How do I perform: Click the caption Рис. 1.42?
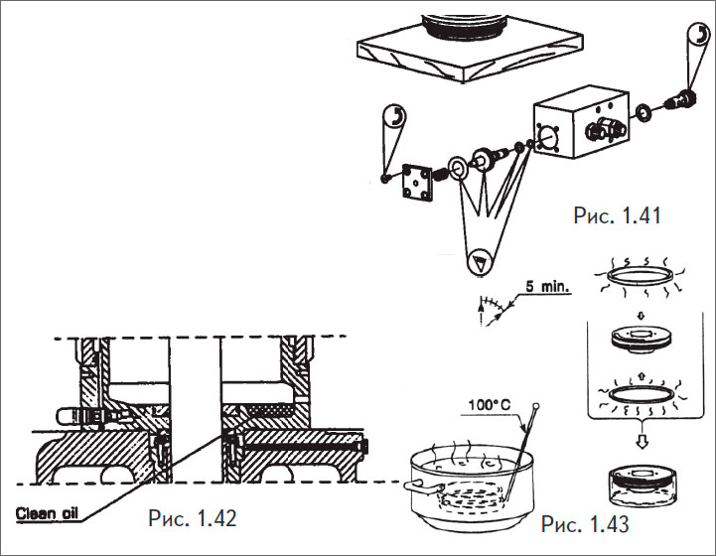point(192,517)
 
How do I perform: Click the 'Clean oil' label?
point(48,513)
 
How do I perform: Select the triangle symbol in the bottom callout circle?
point(480,262)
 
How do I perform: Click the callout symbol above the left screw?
point(394,116)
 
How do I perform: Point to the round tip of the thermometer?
point(536,405)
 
